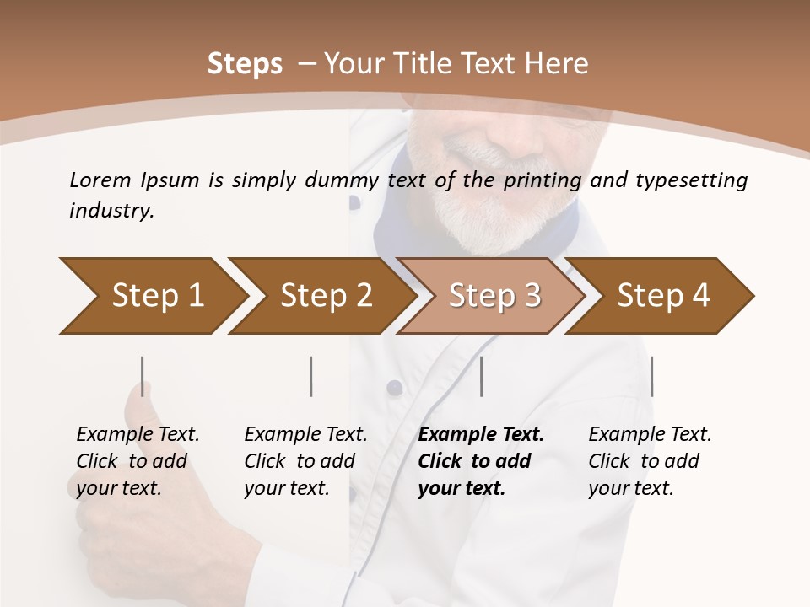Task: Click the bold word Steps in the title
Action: point(245,64)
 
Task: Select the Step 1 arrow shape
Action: point(152,296)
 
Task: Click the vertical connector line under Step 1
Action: point(143,376)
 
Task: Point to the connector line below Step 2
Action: point(311,376)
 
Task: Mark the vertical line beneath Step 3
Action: point(481,376)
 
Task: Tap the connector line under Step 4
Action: point(651,376)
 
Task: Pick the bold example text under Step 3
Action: point(480,461)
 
